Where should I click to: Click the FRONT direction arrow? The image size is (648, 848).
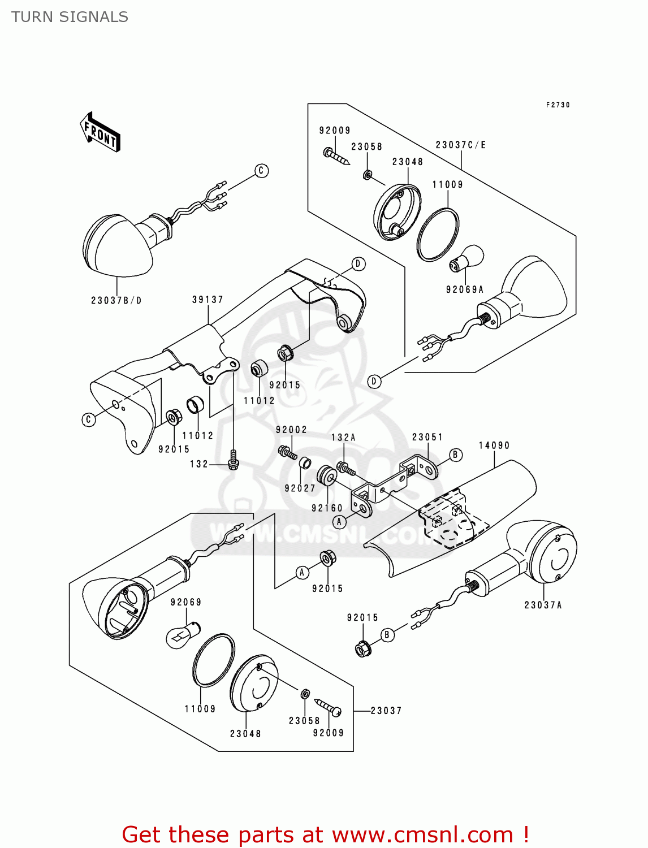pos(100,132)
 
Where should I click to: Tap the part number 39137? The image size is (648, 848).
pos(208,300)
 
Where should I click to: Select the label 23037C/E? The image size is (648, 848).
pos(461,145)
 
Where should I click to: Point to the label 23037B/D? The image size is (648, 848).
pos(116,300)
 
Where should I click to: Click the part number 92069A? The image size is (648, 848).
pos(464,289)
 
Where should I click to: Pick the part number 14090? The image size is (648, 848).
pos(494,445)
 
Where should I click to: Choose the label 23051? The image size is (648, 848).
pos(427,437)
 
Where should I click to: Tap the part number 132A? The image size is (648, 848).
pos(343,438)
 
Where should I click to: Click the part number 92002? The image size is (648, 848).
pos(291,430)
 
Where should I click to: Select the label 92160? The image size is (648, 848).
pos(327,508)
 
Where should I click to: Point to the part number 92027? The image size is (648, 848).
pos(300,488)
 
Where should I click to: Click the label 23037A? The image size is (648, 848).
pos(543,605)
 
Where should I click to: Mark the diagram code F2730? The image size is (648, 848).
pos(558,105)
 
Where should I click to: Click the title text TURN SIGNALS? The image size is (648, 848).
pos(70,17)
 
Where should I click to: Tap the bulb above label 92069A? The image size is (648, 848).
pos(466,257)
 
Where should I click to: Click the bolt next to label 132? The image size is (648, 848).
pos(233,460)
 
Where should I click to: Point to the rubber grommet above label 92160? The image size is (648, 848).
pos(327,476)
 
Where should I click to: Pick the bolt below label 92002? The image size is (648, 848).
pos(287,452)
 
